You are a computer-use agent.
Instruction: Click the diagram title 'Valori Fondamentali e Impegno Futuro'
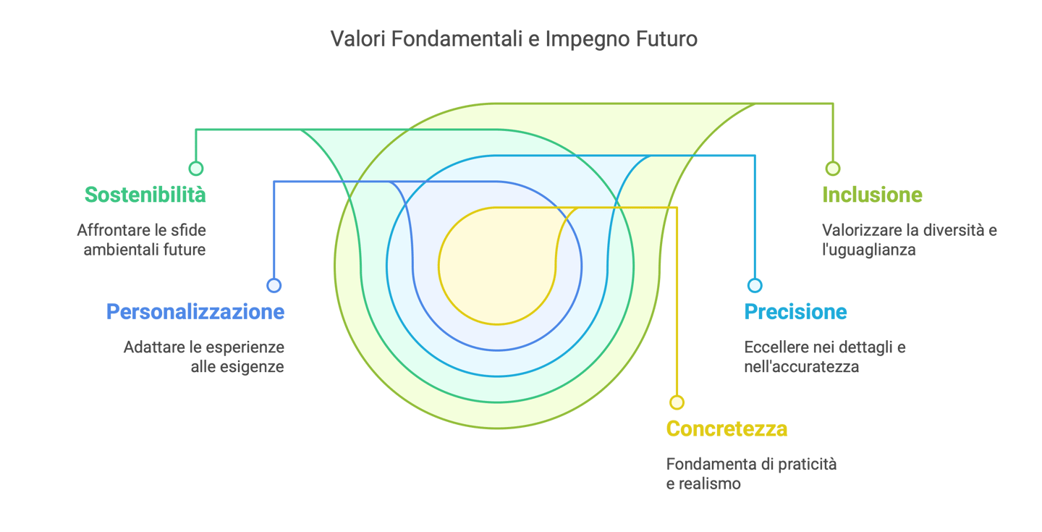pyautogui.click(x=514, y=38)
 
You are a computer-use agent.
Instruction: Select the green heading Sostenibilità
pyautogui.click(x=145, y=195)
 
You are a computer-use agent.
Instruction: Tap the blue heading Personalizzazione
pyautogui.click(x=195, y=312)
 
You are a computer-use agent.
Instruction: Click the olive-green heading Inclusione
pyautogui.click(x=873, y=195)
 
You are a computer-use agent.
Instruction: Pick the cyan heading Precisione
pyautogui.click(x=795, y=312)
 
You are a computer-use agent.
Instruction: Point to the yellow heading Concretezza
pyautogui.click(x=727, y=428)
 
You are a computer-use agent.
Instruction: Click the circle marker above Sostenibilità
pyautogui.click(x=195, y=169)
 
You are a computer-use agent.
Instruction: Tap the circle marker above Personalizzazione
pyautogui.click(x=274, y=286)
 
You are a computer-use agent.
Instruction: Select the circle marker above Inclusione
pyautogui.click(x=833, y=169)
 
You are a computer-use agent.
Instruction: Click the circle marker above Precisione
pyautogui.click(x=755, y=286)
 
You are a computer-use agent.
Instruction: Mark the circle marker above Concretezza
pyautogui.click(x=677, y=402)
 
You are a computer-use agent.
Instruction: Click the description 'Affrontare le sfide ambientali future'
pyautogui.click(x=142, y=240)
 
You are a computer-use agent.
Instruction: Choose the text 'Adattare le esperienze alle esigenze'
pyautogui.click(x=204, y=357)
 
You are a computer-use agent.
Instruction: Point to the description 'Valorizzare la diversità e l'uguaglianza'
pyautogui.click(x=910, y=240)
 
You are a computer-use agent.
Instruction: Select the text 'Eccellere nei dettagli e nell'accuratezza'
pyautogui.click(x=825, y=357)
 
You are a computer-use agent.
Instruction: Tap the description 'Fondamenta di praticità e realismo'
pyautogui.click(x=751, y=473)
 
